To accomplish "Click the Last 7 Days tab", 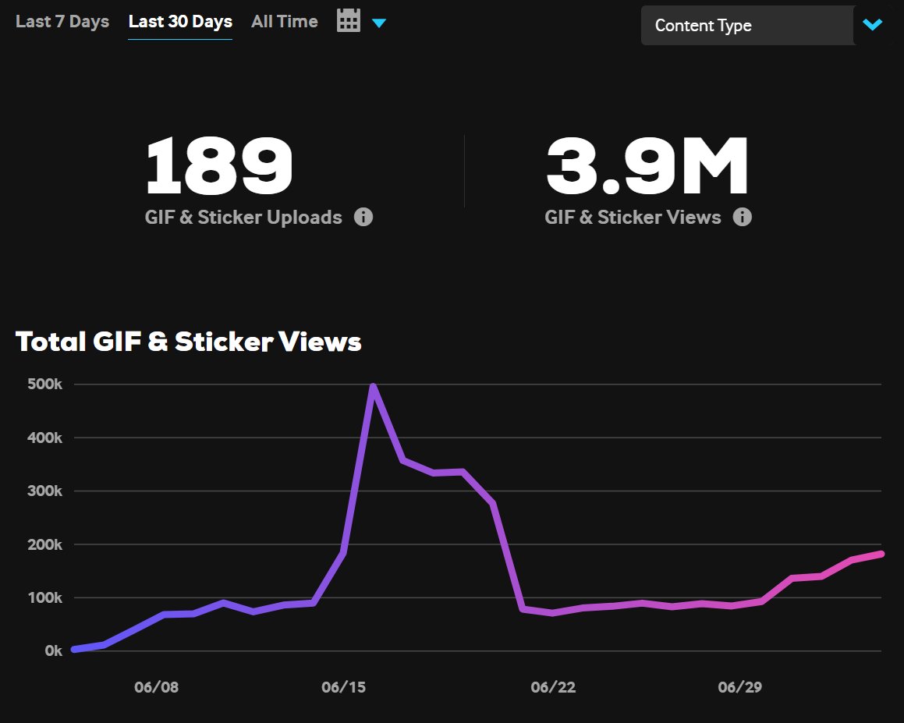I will click(x=62, y=22).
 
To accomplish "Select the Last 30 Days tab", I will click(x=180, y=22).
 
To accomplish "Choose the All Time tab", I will click(x=284, y=22).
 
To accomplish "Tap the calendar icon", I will click(x=349, y=20).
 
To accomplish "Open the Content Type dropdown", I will click(x=747, y=26).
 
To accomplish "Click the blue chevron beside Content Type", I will click(x=872, y=25).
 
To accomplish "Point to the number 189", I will click(x=219, y=166).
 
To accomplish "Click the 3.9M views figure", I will click(x=647, y=166).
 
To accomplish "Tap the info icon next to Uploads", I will click(x=363, y=217).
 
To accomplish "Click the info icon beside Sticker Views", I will click(x=743, y=217).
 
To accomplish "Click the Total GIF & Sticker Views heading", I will click(x=189, y=342).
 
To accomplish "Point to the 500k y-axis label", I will click(x=44, y=385).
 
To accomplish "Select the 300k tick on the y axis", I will click(x=44, y=491).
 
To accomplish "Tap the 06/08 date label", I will click(x=156, y=687).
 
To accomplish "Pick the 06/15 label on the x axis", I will click(x=343, y=687).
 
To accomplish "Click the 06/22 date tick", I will click(x=553, y=687).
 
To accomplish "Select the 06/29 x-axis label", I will click(x=740, y=687).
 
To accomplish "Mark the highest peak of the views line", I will click(x=373, y=386).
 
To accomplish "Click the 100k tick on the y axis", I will click(x=44, y=598).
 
